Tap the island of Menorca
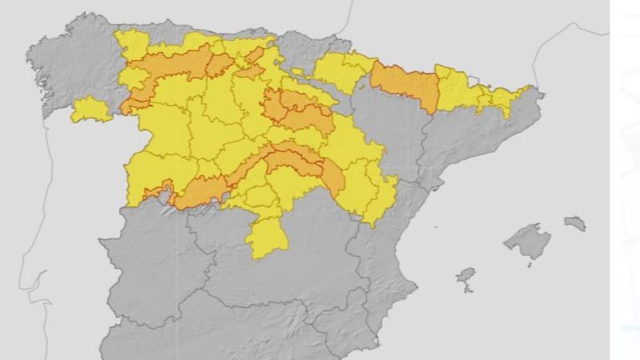click(x=575, y=222)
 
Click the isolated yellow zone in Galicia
click(x=91, y=110)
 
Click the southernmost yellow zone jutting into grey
click(x=267, y=237)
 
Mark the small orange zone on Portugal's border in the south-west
click(x=156, y=192)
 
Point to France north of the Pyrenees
click(x=449, y=32)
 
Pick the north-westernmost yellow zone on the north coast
click(x=132, y=44)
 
